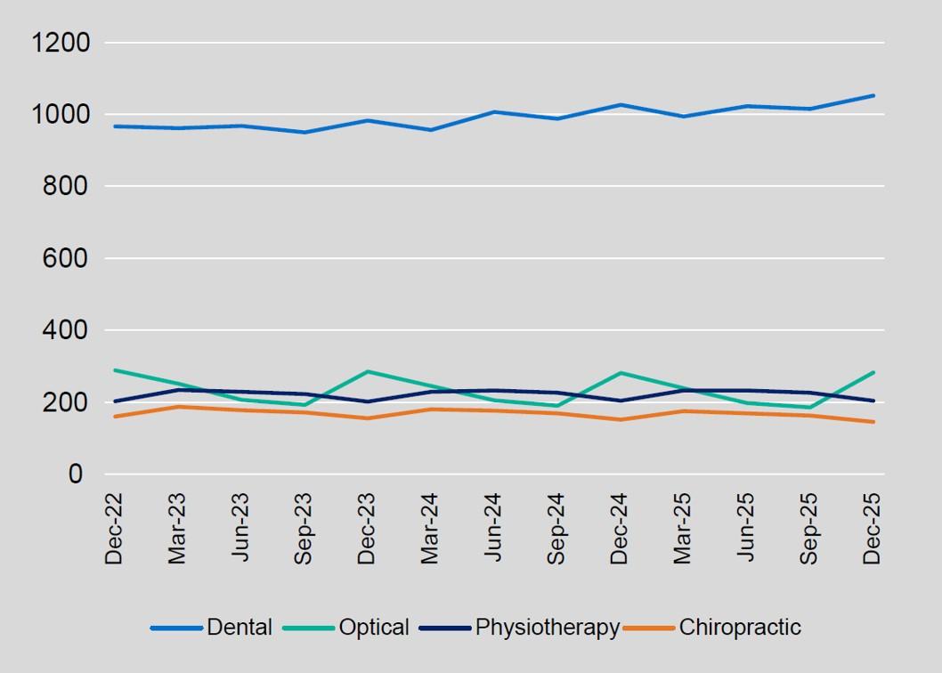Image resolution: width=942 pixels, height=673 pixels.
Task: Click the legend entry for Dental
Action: point(239,628)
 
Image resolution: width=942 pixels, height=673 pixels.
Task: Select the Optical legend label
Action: point(373,628)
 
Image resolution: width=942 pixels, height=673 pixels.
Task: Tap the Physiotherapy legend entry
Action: point(547,628)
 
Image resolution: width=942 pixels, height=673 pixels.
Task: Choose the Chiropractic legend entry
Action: point(739,628)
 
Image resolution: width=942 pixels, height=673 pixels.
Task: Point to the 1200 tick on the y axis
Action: point(61,43)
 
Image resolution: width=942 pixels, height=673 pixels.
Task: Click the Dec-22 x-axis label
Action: point(114,528)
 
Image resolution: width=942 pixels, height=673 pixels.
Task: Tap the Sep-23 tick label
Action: point(304,528)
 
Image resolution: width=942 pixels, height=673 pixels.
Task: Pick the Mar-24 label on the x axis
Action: point(430,528)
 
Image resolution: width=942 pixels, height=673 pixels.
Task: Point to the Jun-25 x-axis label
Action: point(745,528)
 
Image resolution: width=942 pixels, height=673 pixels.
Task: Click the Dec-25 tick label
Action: point(872,528)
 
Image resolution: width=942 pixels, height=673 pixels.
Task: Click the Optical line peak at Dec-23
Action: point(367,371)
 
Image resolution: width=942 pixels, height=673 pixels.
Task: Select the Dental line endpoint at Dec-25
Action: point(873,95)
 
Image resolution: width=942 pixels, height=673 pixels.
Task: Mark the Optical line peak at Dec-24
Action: point(620,373)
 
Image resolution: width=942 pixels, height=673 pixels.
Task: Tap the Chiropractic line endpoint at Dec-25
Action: point(873,422)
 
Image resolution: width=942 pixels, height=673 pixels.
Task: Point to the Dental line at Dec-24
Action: point(620,105)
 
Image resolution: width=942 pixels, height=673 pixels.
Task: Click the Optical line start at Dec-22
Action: point(115,370)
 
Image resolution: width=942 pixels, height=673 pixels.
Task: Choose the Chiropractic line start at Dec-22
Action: point(115,417)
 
